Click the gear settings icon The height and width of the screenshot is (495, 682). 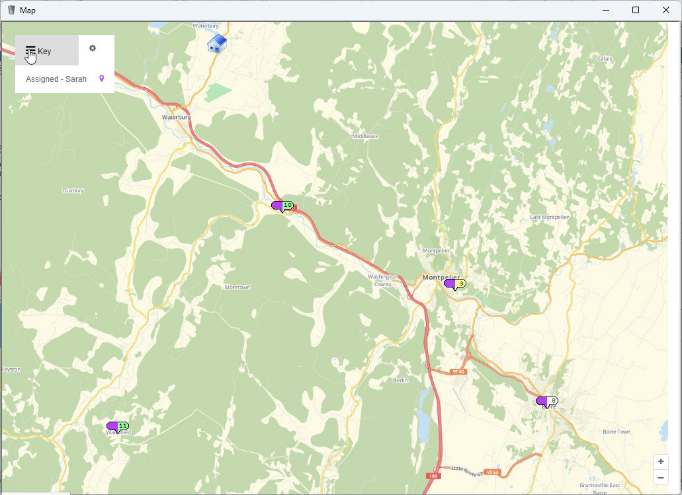93,48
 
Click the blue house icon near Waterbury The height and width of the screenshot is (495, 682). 217,44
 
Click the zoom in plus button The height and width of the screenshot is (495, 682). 660,461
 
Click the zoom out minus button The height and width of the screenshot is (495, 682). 660,477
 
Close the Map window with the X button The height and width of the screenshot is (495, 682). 666,10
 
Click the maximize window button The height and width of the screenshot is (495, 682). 636,10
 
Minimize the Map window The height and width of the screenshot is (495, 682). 605,10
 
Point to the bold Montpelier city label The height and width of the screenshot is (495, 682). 441,278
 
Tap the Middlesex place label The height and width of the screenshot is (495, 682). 365,136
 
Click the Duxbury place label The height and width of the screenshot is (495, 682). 73,190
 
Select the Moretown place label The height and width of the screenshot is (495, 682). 237,287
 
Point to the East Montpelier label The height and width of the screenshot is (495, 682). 549,217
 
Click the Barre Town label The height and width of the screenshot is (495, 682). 617,432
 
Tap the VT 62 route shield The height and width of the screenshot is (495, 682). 458,372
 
